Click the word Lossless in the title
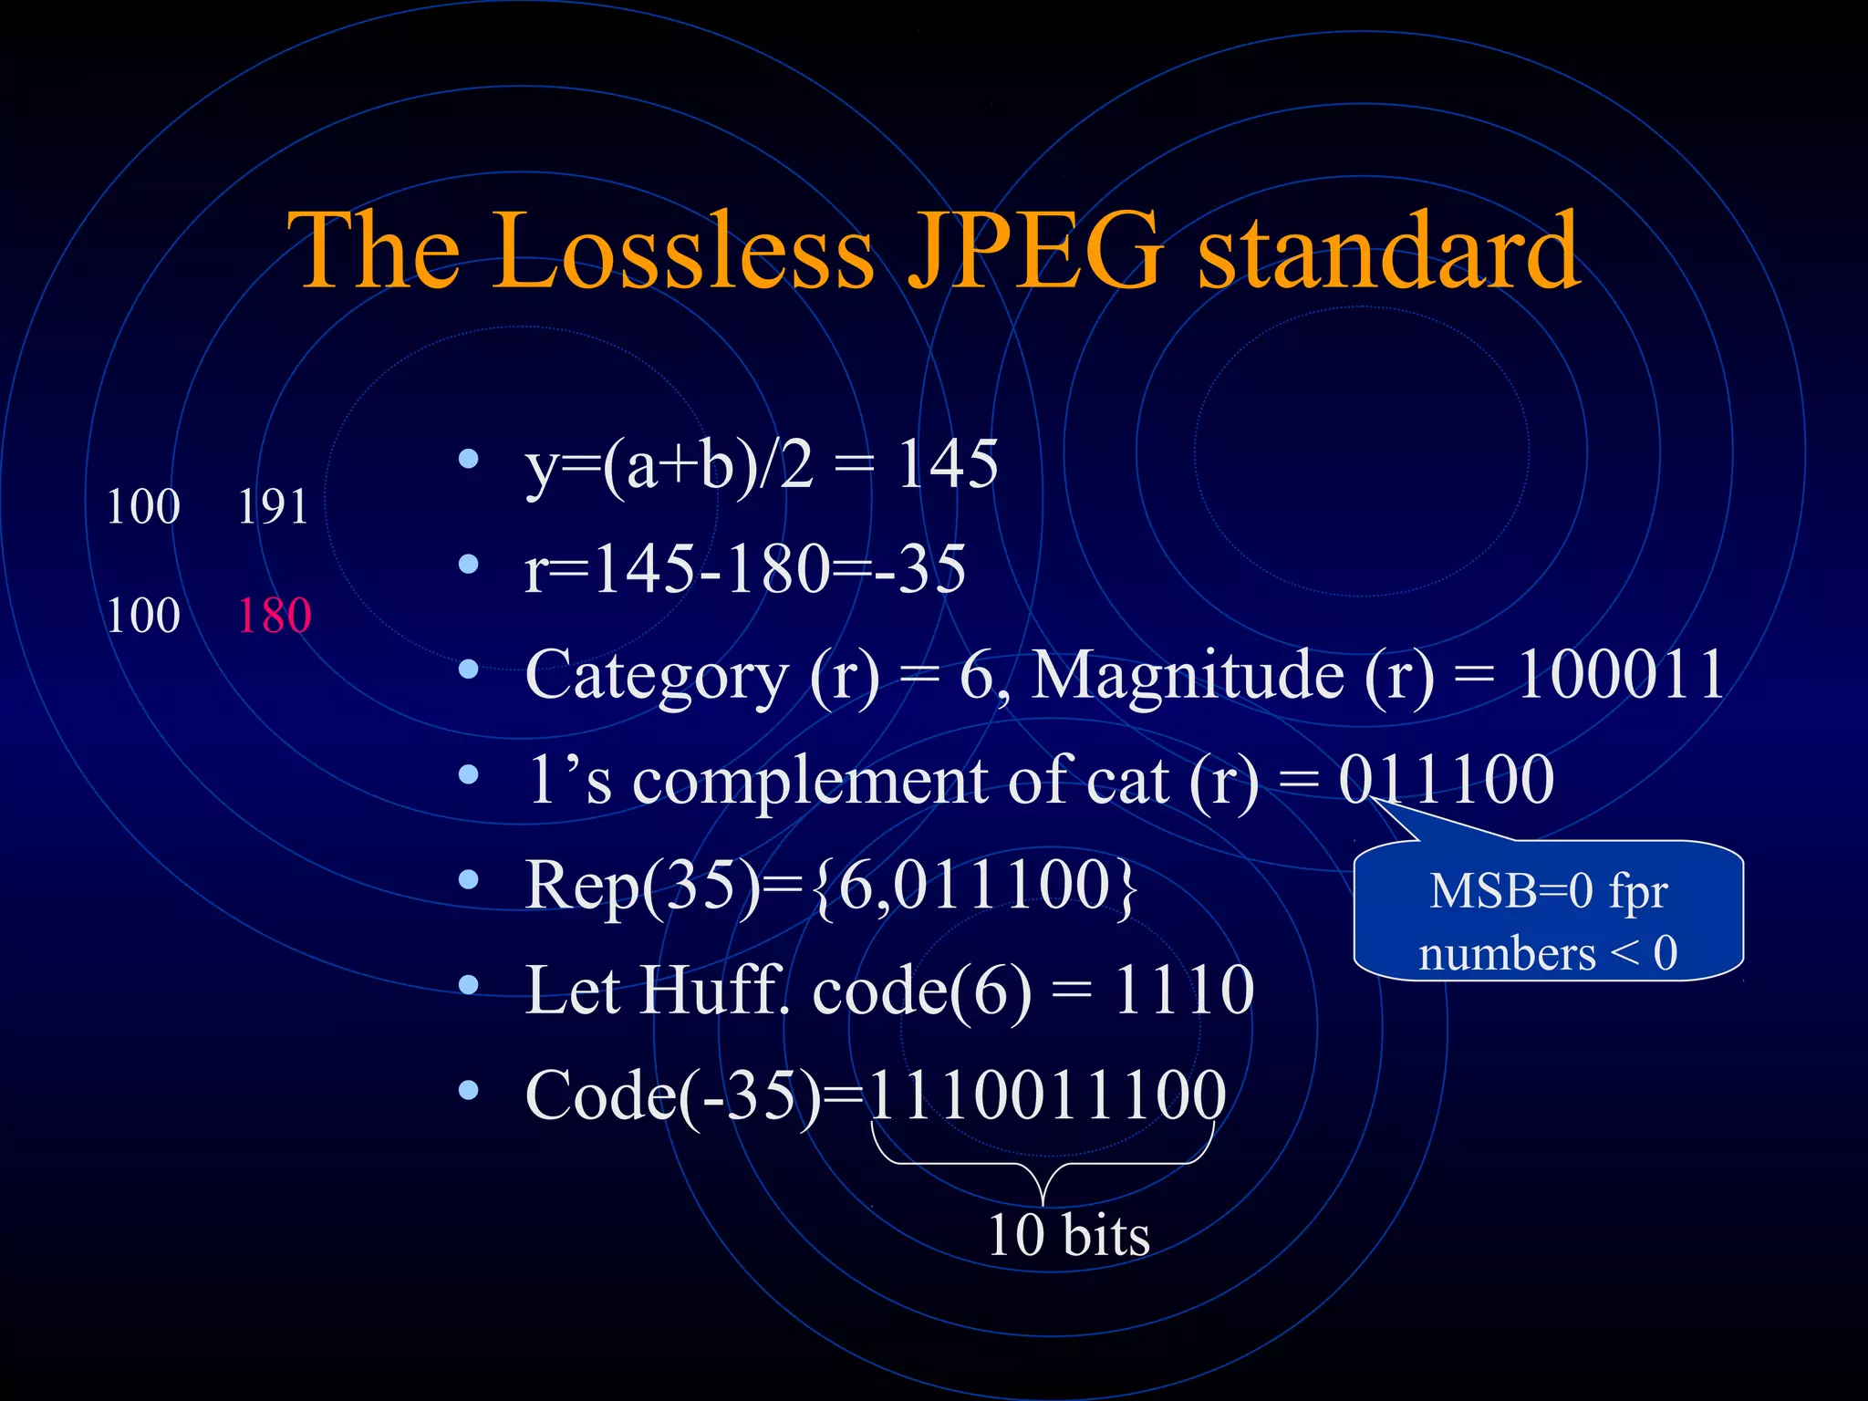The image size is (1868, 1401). point(684,251)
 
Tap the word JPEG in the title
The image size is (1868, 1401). point(1035,251)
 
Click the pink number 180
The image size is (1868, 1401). point(275,616)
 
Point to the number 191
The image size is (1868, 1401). point(273,507)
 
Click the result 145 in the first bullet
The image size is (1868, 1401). point(948,464)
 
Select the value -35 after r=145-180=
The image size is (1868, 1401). point(924,569)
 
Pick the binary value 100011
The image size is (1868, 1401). point(1620,675)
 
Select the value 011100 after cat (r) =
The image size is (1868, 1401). point(1447,781)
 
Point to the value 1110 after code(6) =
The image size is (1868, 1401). point(1184,991)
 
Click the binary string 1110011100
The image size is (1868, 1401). point(1047,1095)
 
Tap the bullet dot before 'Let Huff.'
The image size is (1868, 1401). point(469,985)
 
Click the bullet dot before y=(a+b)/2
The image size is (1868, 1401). point(469,459)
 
